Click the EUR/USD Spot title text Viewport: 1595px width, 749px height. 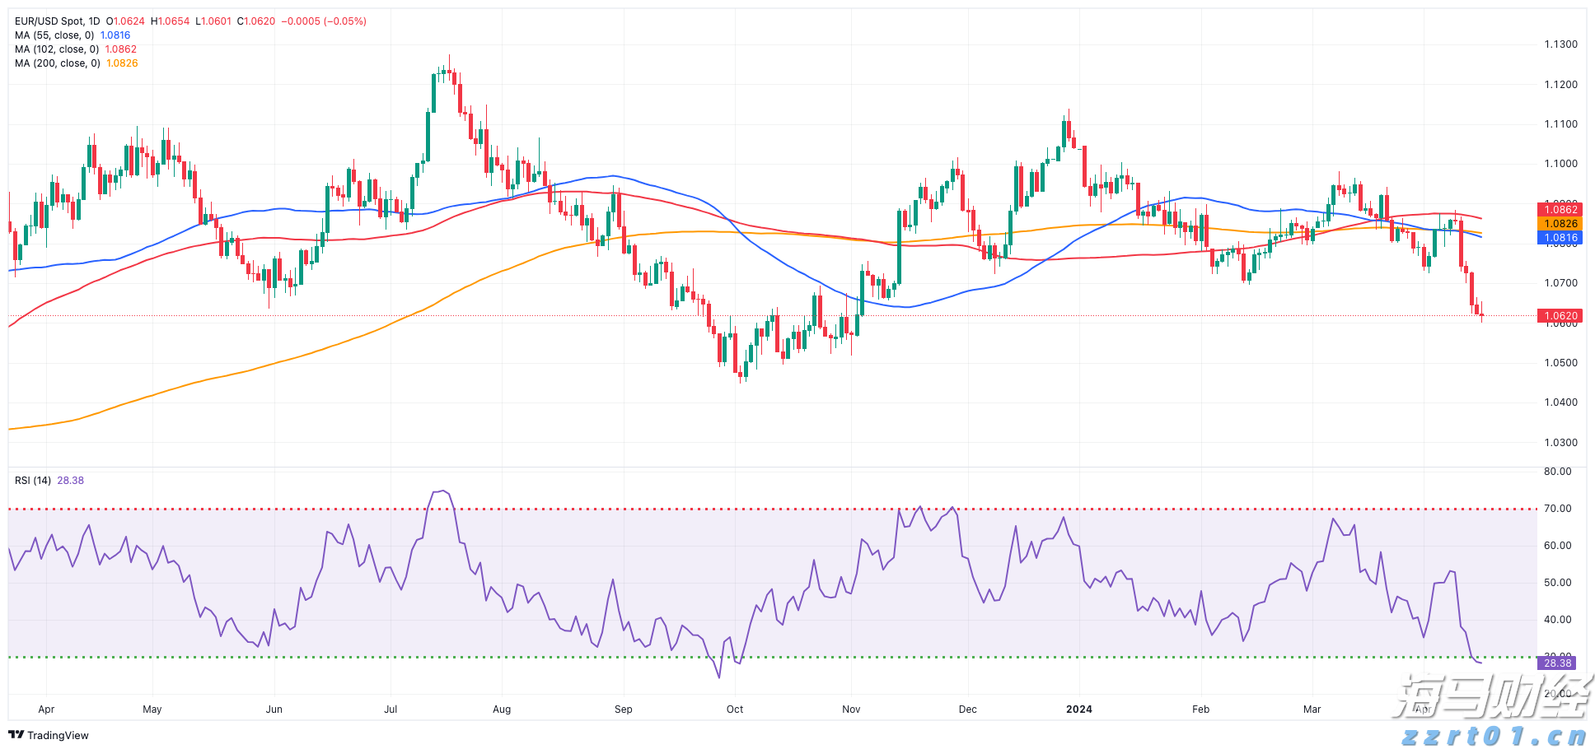pos(57,21)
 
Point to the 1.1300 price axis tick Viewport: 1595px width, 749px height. pos(1560,44)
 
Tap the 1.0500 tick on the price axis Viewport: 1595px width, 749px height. pos(1560,363)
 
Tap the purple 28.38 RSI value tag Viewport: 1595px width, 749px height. pos(1557,663)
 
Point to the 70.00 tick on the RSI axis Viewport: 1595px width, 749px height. pos(1557,509)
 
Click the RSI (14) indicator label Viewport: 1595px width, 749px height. pos(33,481)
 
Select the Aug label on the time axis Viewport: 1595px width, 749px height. pos(502,709)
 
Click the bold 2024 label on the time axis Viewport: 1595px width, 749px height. pos(1078,709)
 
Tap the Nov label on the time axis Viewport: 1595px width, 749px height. pos(851,709)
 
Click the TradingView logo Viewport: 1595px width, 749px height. pos(49,735)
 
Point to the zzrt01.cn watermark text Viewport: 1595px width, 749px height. pos(1493,735)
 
